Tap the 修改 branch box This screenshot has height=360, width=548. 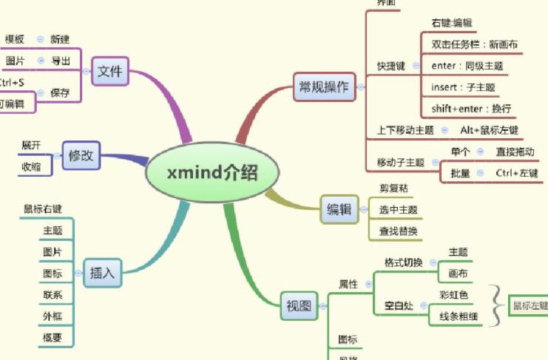tap(81, 155)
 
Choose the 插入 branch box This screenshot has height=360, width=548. tap(102, 273)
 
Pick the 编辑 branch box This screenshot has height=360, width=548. tap(339, 209)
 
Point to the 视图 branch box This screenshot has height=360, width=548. tap(299, 305)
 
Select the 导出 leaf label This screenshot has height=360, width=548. tap(61, 61)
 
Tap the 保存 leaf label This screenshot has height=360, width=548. tap(60, 93)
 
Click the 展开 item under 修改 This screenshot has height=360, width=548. tap(31, 145)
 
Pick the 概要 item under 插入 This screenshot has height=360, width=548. tap(53, 338)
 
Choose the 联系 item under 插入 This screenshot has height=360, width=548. tap(53, 294)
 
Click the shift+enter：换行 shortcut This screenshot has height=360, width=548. tap(471, 109)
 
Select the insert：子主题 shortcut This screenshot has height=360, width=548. tap(463, 87)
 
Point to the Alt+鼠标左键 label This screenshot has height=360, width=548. tap(489, 130)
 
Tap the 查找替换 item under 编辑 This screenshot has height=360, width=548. tap(399, 231)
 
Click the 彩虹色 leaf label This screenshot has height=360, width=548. tap(453, 294)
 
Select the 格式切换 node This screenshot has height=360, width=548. tap(404, 262)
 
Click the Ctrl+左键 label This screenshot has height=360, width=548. tap(517, 174)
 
